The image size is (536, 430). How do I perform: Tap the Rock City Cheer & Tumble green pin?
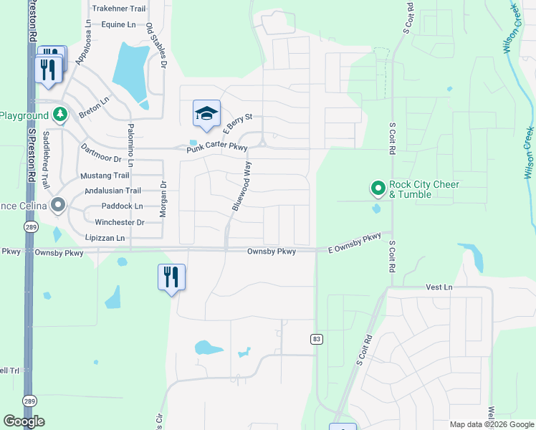click(378, 188)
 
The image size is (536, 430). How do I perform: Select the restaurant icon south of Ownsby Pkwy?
click(171, 277)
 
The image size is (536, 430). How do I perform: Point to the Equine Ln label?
click(118, 24)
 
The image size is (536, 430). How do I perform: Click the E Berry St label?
click(238, 123)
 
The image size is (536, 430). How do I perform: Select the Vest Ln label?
click(439, 287)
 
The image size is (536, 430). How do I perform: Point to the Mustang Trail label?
click(106, 176)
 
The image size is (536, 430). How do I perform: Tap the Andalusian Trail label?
click(113, 191)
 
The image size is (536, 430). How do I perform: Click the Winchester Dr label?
click(120, 222)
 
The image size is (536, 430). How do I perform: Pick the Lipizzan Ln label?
click(105, 238)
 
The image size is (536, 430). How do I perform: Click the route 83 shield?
click(315, 338)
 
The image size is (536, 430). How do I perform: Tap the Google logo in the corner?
click(24, 421)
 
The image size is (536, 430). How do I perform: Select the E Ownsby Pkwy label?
click(355, 243)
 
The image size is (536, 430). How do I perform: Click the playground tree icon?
click(60, 115)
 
